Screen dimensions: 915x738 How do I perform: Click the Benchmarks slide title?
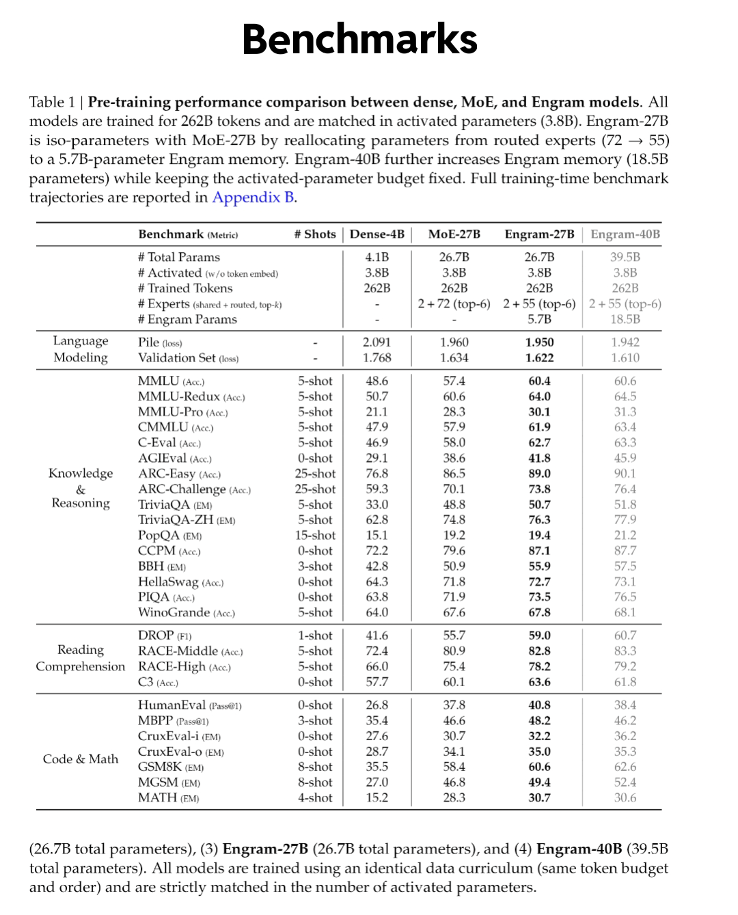(359, 40)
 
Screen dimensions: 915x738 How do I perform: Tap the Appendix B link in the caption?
(254, 197)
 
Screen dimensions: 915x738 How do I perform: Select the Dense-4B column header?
(377, 234)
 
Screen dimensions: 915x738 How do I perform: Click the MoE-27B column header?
(454, 234)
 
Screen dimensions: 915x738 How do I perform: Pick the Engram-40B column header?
(625, 234)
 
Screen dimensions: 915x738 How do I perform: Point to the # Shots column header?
(315, 234)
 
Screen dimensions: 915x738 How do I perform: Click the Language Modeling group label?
(81, 349)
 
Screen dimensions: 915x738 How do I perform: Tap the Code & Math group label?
(81, 759)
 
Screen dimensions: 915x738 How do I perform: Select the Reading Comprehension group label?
(81, 658)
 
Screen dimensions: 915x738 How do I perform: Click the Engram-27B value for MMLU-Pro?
(539, 412)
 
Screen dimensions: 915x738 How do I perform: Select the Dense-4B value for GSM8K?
(377, 767)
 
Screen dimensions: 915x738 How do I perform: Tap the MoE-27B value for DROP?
(454, 636)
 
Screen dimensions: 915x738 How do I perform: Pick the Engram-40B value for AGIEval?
(625, 459)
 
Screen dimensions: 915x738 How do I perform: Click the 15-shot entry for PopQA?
(315, 536)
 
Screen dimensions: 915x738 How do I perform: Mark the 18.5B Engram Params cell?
(625, 319)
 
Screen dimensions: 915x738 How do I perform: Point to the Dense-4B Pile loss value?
(377, 342)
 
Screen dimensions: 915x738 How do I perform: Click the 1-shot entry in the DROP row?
(315, 636)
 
